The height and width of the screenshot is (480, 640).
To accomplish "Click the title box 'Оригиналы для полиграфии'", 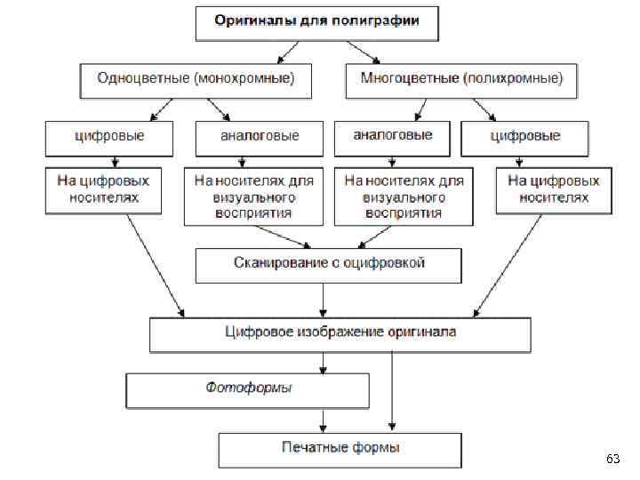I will (316, 22).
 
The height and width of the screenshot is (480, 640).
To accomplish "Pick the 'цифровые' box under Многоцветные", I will (524, 137).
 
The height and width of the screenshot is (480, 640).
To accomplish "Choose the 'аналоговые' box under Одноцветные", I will (260, 137).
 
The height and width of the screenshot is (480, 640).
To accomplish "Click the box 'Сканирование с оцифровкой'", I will (329, 264).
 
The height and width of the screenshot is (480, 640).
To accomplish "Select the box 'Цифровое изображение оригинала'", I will (340, 333).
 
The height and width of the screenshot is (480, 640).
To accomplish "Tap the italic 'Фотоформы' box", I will (247, 389).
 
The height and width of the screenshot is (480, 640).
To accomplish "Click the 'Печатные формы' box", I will (340, 448).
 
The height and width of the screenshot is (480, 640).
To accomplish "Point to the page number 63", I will (612, 460).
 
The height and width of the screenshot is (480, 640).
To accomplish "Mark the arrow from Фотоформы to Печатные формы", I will (324, 420).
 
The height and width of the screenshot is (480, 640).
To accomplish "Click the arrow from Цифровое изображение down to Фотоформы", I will (324, 362).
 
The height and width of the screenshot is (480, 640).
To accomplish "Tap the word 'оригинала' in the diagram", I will (420, 333).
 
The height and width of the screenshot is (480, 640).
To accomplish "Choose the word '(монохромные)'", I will (244, 79).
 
